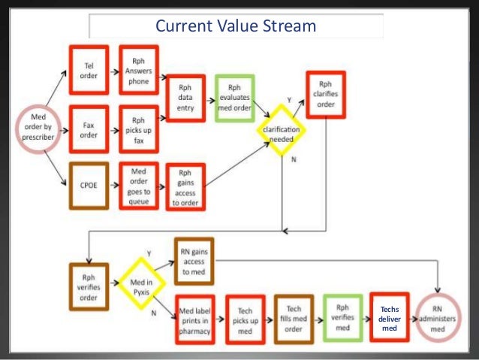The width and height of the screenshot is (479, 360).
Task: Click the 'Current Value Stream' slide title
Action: tap(236, 26)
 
